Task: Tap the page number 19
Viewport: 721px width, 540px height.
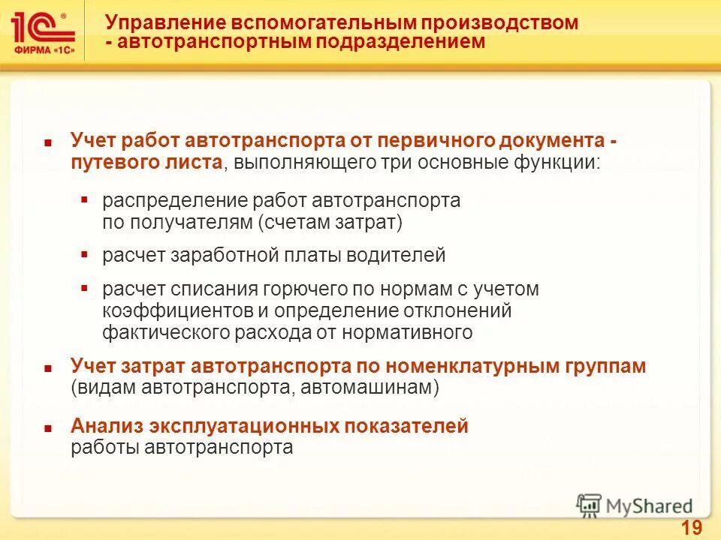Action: (691, 528)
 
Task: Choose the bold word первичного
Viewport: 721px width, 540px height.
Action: (439, 141)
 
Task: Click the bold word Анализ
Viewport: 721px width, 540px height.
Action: (107, 427)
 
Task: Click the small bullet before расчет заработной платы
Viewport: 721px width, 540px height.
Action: (85, 254)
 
